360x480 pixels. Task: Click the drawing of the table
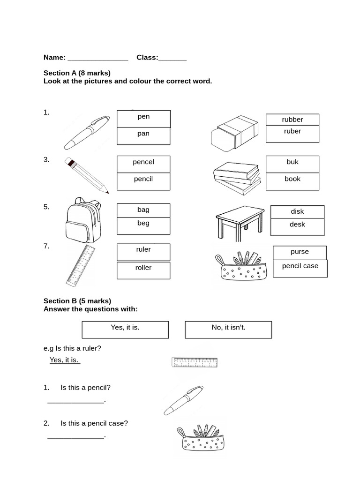click(240, 222)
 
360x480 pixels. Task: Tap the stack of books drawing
click(237, 178)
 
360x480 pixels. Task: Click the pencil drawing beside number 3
click(86, 175)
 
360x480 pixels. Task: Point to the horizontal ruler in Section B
click(195, 362)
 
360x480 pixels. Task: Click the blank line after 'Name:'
click(97, 59)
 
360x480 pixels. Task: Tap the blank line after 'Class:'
click(172, 59)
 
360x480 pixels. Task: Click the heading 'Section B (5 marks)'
click(77, 301)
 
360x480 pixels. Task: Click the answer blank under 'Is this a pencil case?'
click(75, 437)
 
